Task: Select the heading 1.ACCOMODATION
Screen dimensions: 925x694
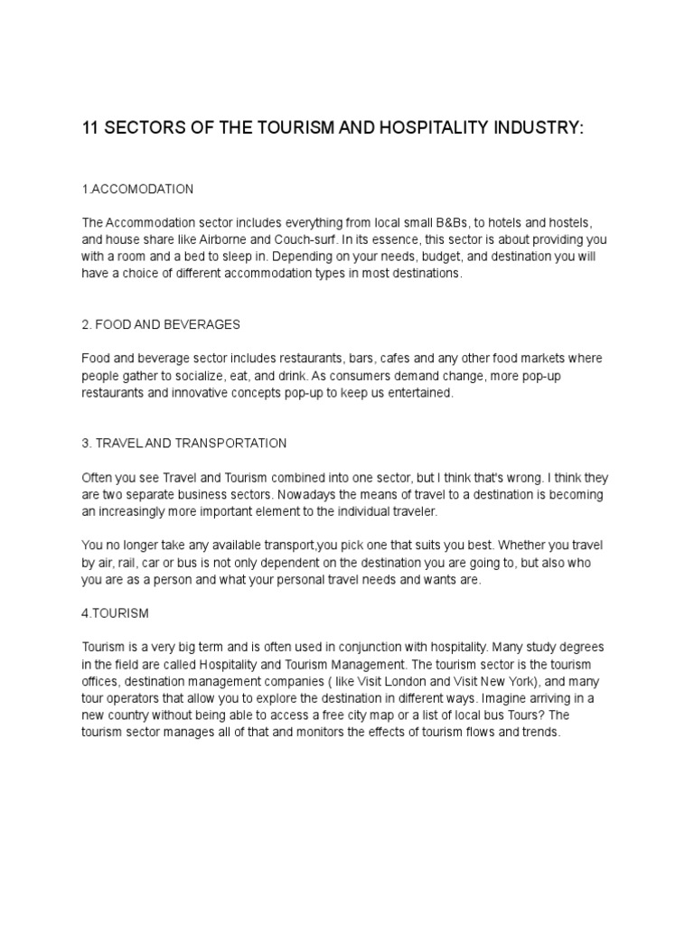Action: click(x=137, y=189)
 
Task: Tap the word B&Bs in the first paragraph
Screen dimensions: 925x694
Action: click(x=445, y=222)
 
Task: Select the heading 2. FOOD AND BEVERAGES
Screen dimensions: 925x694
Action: click(x=160, y=324)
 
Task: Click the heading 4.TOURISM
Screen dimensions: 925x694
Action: click(x=115, y=613)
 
